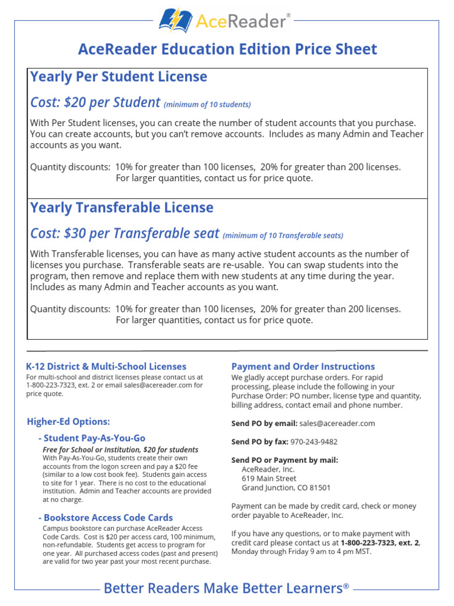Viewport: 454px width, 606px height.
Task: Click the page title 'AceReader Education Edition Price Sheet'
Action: [x=227, y=49]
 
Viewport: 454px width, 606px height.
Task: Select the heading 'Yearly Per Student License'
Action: [x=118, y=77]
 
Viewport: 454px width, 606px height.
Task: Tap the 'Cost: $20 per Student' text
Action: [x=95, y=102]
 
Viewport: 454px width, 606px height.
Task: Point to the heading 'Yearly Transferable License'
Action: [x=122, y=208]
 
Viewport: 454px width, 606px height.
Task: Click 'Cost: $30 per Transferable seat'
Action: [x=125, y=233]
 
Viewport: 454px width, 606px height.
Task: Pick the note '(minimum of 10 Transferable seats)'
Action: [x=283, y=236]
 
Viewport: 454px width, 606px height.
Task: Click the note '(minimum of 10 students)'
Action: [x=207, y=105]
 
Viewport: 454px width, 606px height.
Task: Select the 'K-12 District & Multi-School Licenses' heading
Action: [x=106, y=366]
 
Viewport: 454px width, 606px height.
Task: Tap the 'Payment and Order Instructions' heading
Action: [x=303, y=366]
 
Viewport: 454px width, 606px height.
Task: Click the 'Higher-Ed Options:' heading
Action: [x=69, y=421]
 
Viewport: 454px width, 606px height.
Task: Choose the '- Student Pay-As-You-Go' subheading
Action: [x=92, y=438]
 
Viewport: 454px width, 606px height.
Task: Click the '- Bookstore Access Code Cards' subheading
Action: [x=105, y=517]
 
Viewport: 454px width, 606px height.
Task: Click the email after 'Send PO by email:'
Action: [x=337, y=423]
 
